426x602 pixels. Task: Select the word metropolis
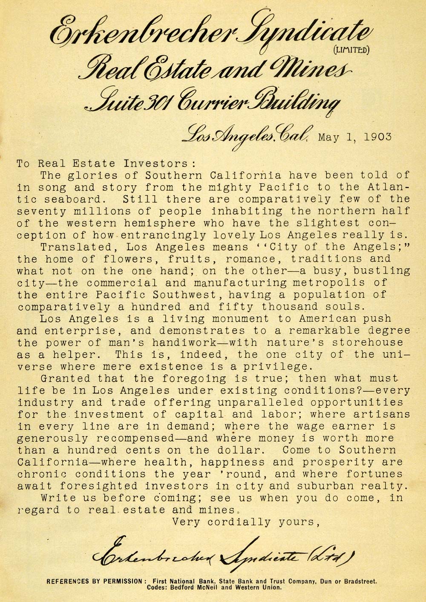327,282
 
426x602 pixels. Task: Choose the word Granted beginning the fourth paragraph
65,378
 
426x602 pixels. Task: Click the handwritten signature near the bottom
222,553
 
